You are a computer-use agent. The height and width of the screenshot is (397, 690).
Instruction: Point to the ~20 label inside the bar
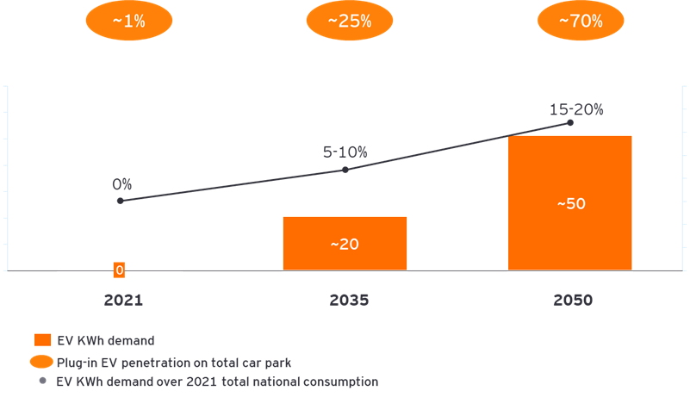click(x=345, y=244)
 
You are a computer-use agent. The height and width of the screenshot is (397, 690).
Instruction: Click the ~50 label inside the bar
click(x=570, y=204)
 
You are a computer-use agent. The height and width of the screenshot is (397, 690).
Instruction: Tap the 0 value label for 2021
click(x=120, y=270)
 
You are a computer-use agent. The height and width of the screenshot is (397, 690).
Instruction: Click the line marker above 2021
click(x=120, y=201)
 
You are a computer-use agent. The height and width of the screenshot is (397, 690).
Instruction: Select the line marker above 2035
click(x=345, y=170)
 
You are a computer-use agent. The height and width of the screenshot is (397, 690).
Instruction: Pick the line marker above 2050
click(x=570, y=122)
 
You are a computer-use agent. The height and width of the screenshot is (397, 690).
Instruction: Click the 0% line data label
click(x=121, y=183)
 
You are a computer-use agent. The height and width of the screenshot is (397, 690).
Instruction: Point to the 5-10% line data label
click(x=345, y=152)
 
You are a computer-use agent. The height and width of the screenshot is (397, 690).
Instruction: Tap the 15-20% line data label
click(x=576, y=109)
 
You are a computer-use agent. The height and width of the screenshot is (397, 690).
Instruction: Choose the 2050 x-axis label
click(x=573, y=301)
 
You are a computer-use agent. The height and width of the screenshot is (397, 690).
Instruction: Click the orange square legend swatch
click(x=42, y=340)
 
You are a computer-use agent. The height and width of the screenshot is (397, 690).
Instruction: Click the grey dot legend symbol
click(x=42, y=380)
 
